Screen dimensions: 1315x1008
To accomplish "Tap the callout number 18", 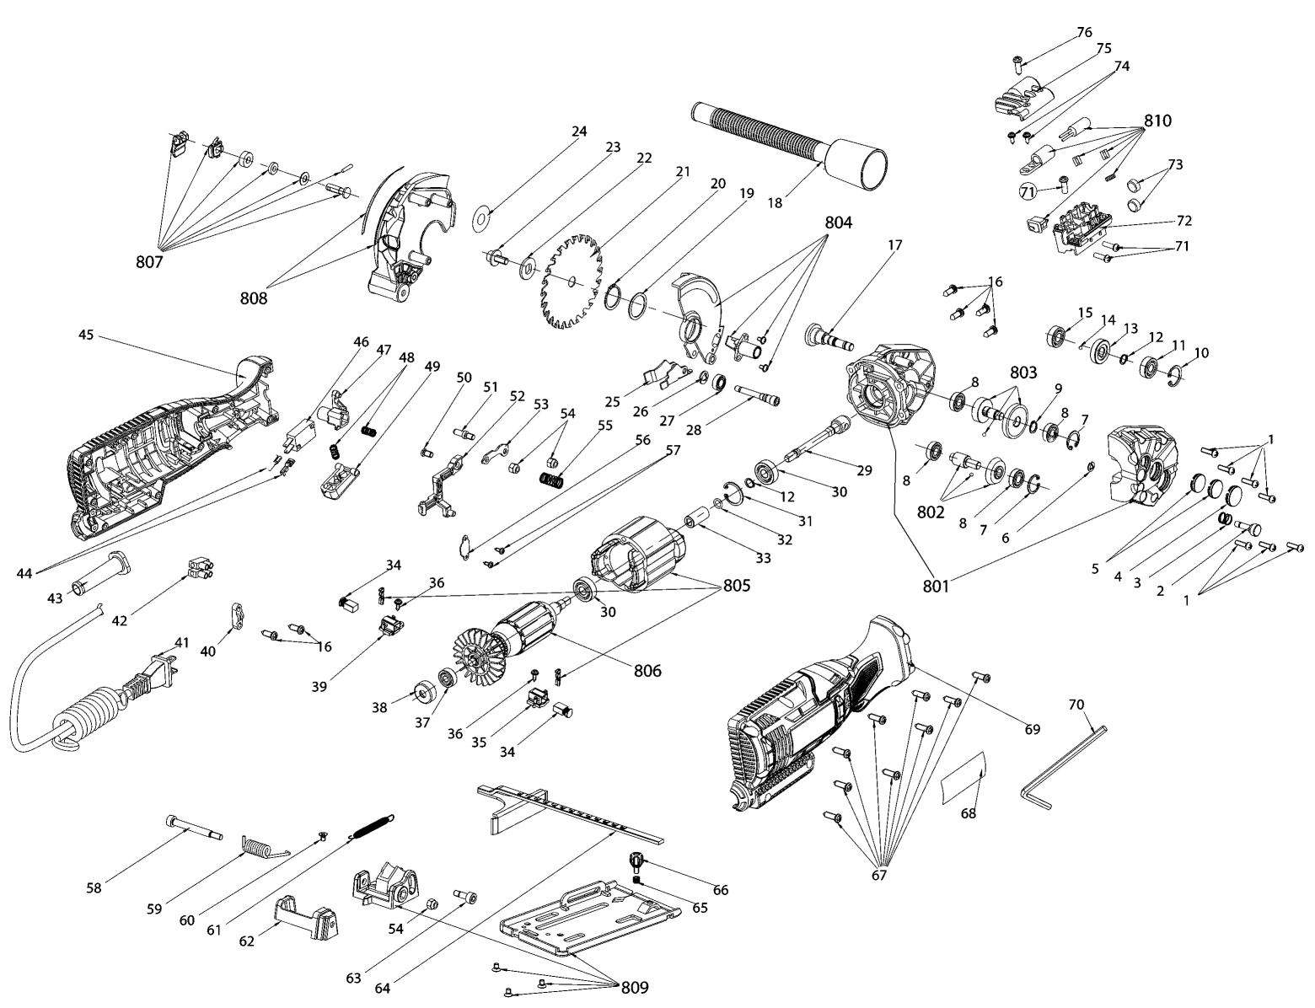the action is [776, 202].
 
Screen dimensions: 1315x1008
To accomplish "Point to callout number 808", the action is [254, 298].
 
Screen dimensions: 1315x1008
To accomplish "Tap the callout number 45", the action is [87, 334].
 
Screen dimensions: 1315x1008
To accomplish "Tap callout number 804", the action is [839, 223].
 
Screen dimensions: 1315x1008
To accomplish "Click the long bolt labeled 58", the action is [194, 828].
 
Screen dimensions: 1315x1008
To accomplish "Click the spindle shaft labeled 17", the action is [829, 337].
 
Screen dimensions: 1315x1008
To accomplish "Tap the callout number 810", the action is [1157, 121].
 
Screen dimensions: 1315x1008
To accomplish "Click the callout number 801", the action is [937, 585].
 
